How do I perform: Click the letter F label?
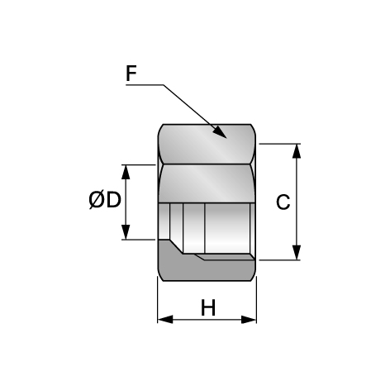click(x=131, y=74)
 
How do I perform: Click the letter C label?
click(x=283, y=202)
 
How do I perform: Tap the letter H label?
click(x=208, y=307)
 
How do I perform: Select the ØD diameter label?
click(x=105, y=200)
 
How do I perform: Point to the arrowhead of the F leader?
click(x=220, y=132)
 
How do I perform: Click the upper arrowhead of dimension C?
click(x=297, y=151)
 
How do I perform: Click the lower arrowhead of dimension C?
click(x=297, y=253)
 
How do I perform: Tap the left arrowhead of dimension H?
click(x=165, y=320)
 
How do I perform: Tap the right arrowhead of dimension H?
click(x=249, y=320)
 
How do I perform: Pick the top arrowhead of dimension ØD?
click(x=126, y=172)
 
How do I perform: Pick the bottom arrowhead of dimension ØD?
click(x=126, y=232)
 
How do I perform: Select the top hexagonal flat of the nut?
click(x=207, y=144)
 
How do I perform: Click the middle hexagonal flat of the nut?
click(x=207, y=183)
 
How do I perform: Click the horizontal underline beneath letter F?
click(x=145, y=85)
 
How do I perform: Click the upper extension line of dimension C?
click(x=279, y=144)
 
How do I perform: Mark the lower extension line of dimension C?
click(x=279, y=259)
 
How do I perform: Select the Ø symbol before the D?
click(x=96, y=200)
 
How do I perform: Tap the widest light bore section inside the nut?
click(x=227, y=228)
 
